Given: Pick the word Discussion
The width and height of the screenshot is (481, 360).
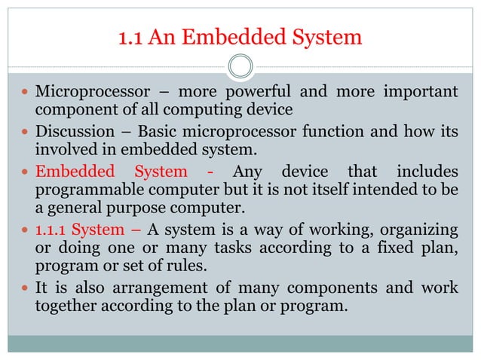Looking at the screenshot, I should click(69, 132).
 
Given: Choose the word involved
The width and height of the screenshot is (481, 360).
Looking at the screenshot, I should click(66, 149).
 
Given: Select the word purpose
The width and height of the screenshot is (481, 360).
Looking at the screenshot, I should click(131, 205).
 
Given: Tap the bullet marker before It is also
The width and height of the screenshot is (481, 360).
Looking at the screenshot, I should click(26, 288).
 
